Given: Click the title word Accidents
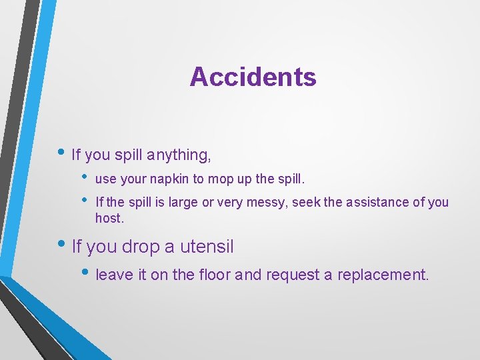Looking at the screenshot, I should pyautogui.click(x=253, y=77).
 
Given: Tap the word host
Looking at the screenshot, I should pyautogui.click(x=109, y=218).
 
